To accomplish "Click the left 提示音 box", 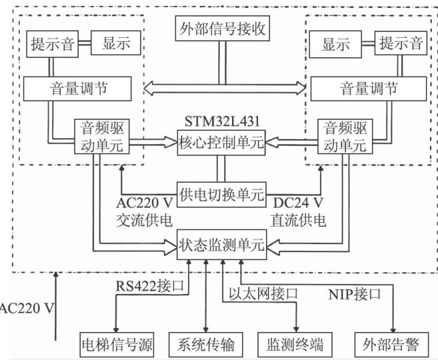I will (53, 45).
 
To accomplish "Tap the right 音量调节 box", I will (369, 88).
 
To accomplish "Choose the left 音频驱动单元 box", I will (101, 136).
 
